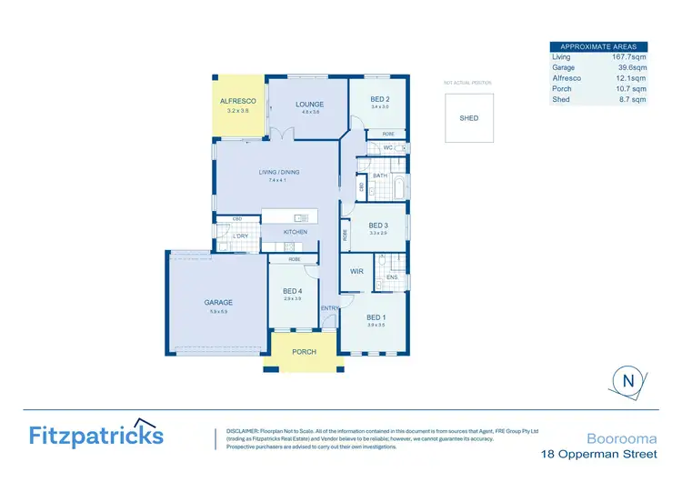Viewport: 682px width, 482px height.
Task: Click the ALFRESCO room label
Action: click(238, 101)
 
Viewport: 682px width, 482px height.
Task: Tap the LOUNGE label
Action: click(309, 105)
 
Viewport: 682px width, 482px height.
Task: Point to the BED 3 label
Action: click(378, 225)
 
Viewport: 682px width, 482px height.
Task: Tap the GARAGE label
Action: click(217, 303)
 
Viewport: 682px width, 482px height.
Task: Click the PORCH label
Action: click(304, 352)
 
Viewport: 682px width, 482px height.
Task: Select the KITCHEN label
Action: click(296, 232)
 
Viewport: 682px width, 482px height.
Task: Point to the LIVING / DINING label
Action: click(277, 172)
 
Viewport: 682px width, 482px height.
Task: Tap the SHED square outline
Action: click(468, 118)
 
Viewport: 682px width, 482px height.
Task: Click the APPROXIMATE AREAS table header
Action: click(598, 46)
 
